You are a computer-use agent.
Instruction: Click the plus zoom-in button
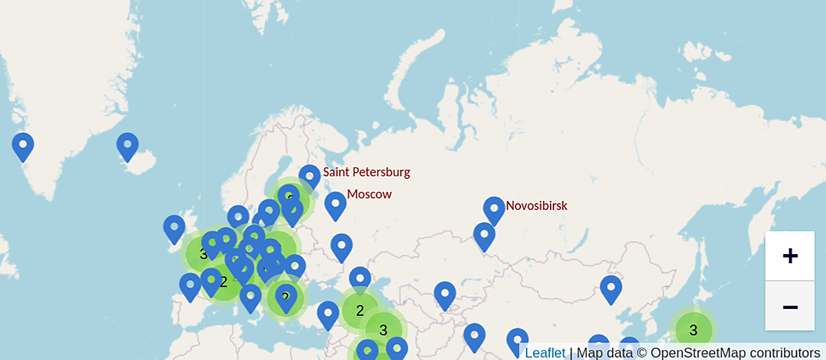pos(790,256)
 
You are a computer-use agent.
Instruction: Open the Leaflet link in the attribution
pos(544,352)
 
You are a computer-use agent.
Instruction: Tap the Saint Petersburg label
pos(366,172)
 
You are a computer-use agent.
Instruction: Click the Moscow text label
pos(369,194)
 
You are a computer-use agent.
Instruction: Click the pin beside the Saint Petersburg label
pos(310,176)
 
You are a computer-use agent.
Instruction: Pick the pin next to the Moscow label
pos(335,204)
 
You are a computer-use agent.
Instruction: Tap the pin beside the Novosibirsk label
pos(494,209)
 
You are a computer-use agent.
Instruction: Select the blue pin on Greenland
pos(23,145)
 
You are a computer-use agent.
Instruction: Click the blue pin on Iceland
pos(127,145)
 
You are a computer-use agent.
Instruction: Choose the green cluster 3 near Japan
pos(693,330)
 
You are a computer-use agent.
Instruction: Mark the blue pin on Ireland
pos(174,227)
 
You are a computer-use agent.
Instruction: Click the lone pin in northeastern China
pos(611,288)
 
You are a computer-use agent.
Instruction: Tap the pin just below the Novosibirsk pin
pos(484,235)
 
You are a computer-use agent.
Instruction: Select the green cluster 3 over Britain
pos(204,253)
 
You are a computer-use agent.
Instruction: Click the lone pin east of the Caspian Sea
pos(445,294)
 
